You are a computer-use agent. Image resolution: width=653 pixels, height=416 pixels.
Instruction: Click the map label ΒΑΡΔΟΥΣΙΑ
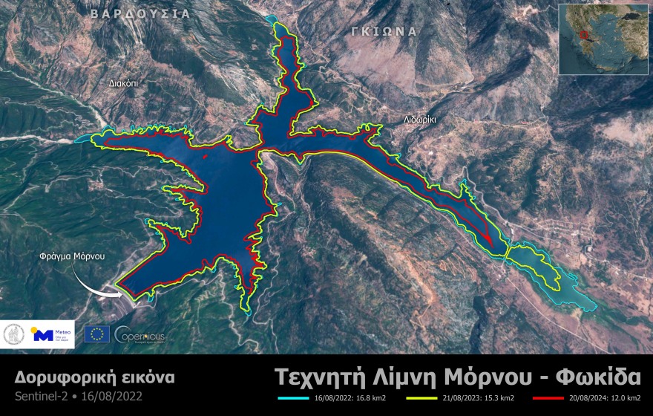(140, 13)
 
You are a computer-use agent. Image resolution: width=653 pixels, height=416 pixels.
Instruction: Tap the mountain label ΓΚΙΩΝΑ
(384, 31)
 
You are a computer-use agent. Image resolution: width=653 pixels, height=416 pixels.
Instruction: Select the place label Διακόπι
(122, 84)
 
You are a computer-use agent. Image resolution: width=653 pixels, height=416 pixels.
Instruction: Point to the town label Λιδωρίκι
(420, 119)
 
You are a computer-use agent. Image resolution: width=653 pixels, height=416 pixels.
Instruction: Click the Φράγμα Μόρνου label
(72, 256)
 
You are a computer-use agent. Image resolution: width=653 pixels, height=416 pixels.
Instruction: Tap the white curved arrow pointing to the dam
(97, 281)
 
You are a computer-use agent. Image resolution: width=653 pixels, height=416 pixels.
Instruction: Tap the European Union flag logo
(97, 334)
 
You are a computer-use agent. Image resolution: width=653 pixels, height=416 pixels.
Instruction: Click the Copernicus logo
(140, 334)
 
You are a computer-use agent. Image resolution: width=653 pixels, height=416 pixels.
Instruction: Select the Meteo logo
(53, 334)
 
